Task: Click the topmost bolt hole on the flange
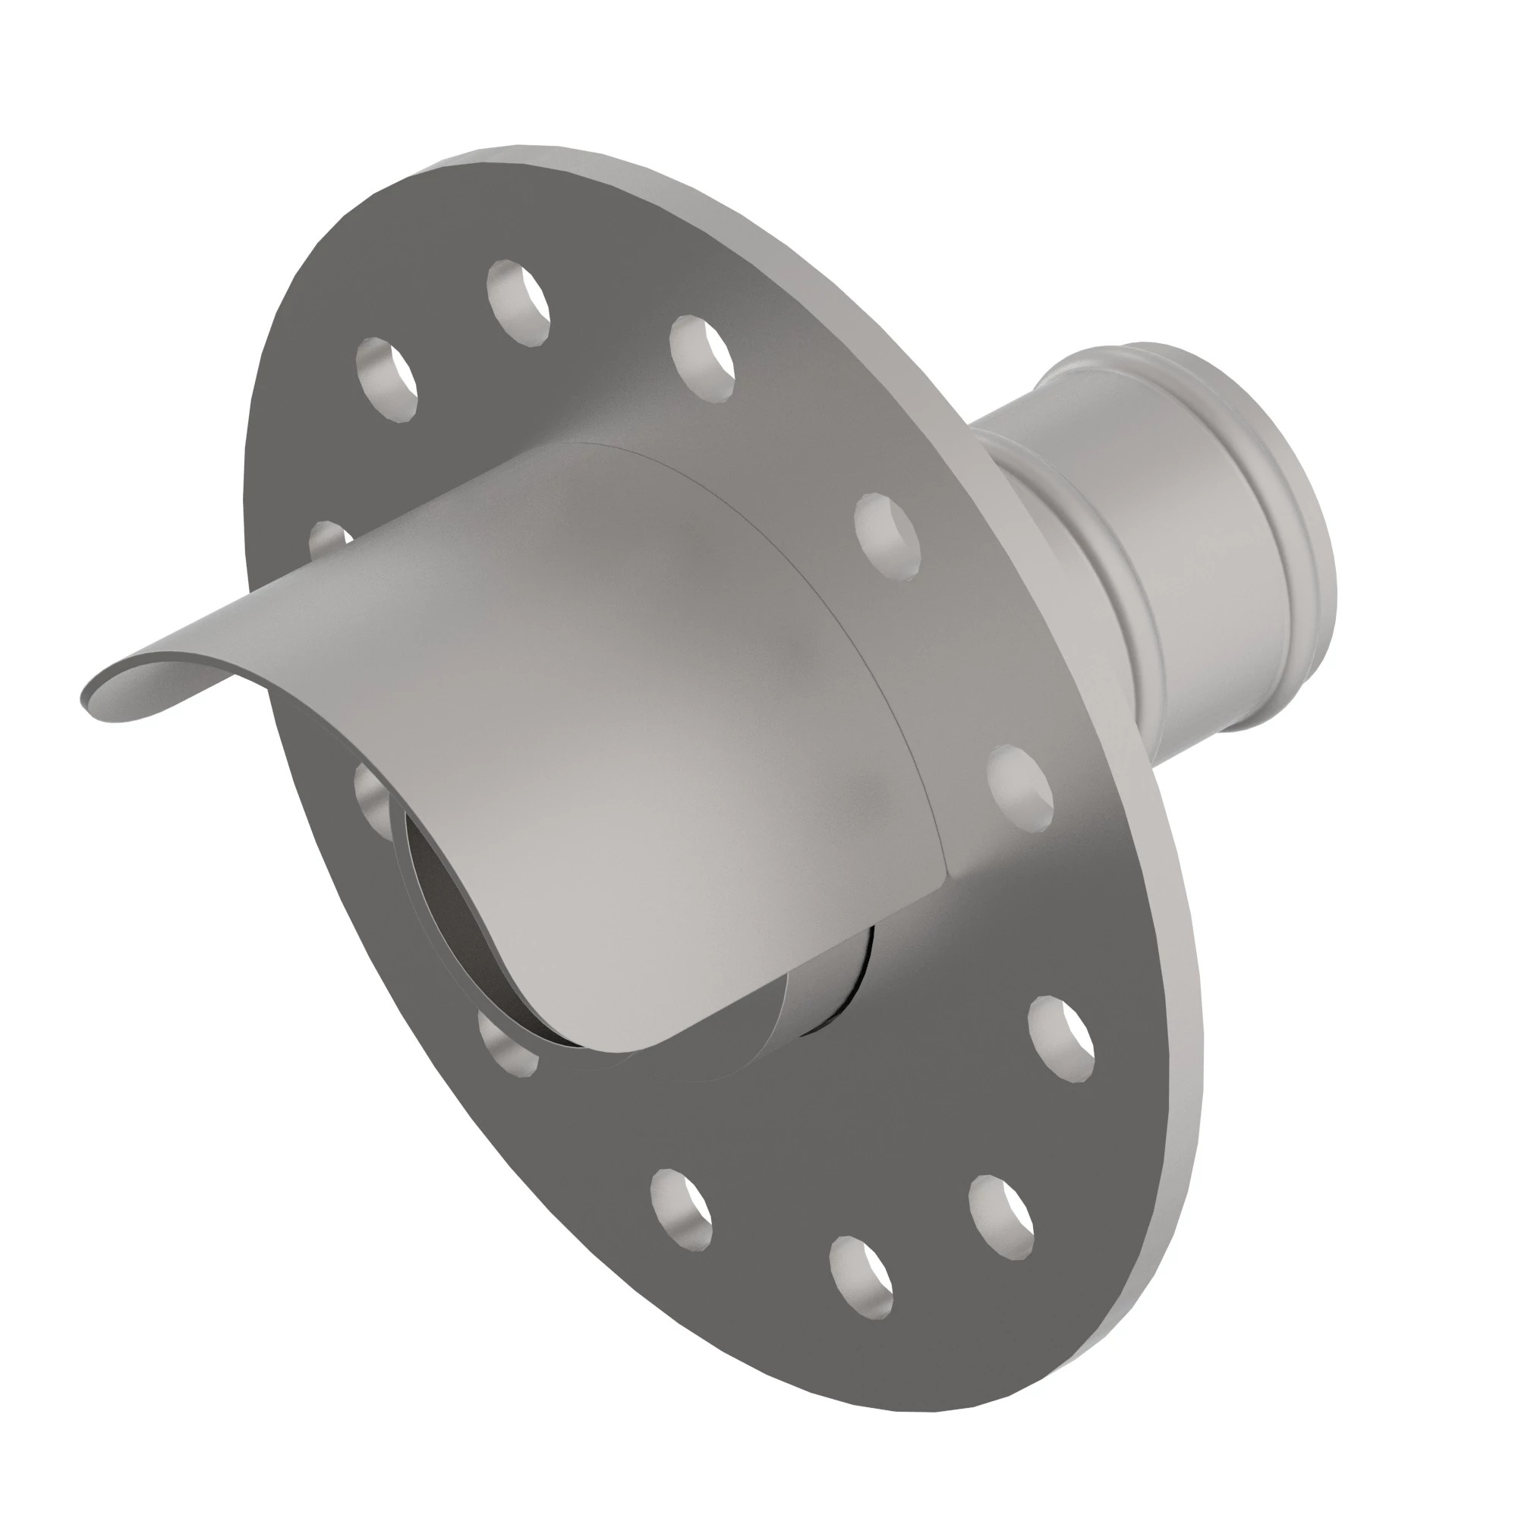tap(518, 303)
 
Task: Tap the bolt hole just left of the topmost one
tap(386, 379)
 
